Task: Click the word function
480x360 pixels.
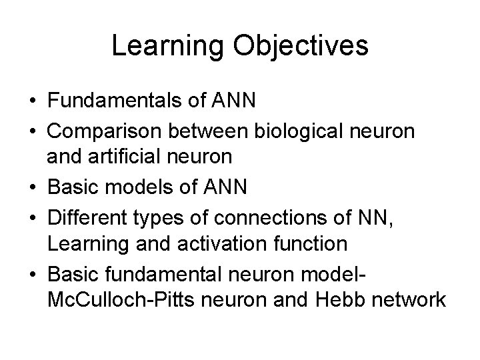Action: click(x=307, y=244)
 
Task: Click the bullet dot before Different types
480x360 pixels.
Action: click(x=33, y=217)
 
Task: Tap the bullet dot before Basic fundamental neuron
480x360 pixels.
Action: click(x=33, y=273)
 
